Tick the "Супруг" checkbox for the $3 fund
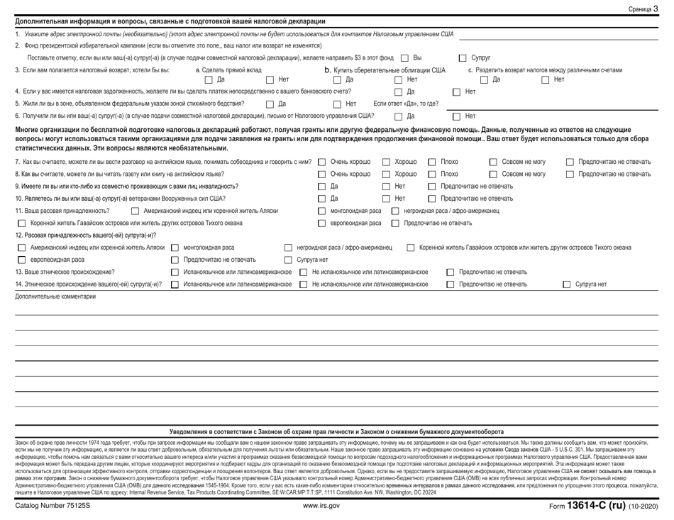[x=463, y=57]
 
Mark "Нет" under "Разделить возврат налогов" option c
[x=546, y=79]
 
